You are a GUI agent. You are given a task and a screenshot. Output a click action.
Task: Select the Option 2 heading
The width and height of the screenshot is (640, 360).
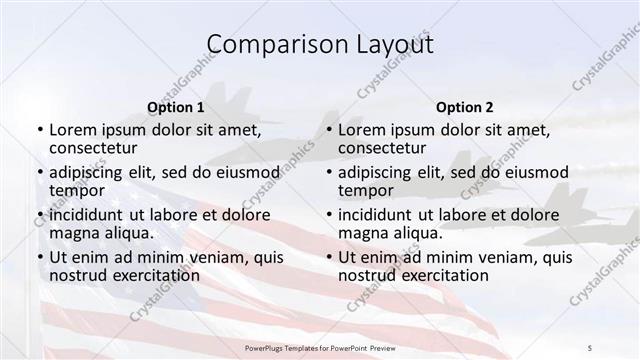point(464,107)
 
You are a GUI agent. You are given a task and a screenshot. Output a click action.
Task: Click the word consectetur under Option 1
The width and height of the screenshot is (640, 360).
point(95,149)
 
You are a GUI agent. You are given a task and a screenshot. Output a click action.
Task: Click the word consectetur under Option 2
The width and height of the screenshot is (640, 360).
point(384,149)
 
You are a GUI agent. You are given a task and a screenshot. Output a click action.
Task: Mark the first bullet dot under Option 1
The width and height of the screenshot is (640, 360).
point(40,130)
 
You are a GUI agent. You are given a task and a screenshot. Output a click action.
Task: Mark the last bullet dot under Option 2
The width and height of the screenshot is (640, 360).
point(329,257)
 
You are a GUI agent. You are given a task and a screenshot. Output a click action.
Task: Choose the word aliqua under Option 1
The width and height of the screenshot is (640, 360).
point(128,233)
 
